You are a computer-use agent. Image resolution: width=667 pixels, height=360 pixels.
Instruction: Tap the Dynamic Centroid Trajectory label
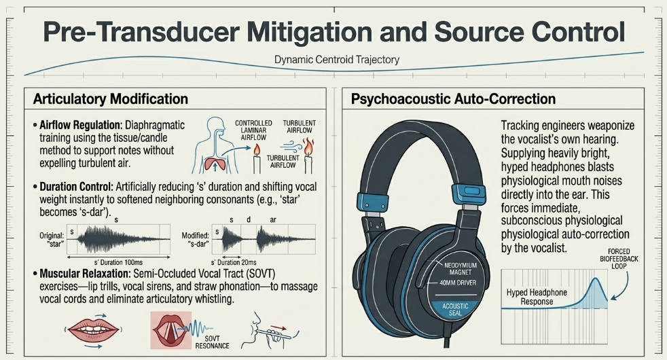[337, 60]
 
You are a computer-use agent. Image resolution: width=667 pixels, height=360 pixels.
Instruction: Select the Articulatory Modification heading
[111, 99]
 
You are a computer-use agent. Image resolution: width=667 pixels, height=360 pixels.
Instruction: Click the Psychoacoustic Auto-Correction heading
[453, 99]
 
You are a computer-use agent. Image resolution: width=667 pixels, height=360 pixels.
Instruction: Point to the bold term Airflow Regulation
[81, 125]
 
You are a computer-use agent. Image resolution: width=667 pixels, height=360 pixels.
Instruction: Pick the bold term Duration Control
[76, 187]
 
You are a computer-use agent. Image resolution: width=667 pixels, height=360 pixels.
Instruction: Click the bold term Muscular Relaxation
[85, 274]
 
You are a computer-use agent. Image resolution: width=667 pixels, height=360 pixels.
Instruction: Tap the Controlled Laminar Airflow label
[253, 130]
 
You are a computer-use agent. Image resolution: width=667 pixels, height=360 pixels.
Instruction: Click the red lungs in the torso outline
[215, 164]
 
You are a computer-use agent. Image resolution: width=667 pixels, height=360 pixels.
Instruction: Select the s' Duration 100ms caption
[118, 263]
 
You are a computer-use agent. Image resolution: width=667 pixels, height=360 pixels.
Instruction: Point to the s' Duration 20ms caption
[234, 263]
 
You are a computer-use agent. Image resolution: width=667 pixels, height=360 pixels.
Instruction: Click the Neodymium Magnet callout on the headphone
[461, 268]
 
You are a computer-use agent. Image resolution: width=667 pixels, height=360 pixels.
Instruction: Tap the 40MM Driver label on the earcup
[458, 283]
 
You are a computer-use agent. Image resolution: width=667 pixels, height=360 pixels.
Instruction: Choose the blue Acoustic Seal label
[455, 309]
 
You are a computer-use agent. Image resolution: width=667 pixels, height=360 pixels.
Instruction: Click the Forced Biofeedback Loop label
[619, 259]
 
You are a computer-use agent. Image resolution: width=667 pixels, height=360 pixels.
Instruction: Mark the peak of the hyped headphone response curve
[596, 278]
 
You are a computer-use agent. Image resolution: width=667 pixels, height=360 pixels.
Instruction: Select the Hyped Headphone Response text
[537, 297]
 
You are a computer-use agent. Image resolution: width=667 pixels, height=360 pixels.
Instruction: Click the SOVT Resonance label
[213, 342]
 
